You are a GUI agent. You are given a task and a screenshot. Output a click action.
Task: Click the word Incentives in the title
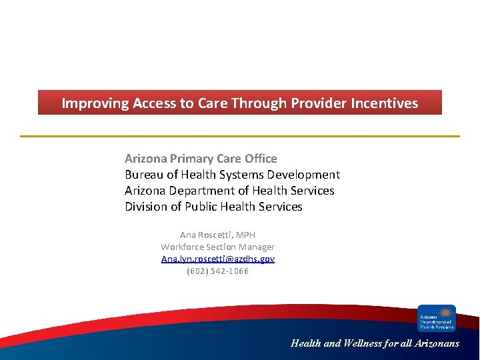tap(386, 103)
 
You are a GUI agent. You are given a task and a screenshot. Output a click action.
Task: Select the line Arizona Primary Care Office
tap(201, 159)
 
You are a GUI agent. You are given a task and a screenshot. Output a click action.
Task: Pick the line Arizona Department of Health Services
tap(229, 191)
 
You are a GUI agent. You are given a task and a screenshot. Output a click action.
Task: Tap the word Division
tap(146, 207)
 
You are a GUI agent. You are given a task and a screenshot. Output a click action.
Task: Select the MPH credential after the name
tap(245, 235)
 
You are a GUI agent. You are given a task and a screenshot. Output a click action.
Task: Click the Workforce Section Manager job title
tap(217, 247)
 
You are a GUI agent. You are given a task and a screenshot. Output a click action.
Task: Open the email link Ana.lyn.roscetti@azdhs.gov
tap(217, 259)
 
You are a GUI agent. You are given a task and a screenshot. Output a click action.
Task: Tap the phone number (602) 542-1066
tap(217, 271)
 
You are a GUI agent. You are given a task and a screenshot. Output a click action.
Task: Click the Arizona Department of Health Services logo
tap(436, 318)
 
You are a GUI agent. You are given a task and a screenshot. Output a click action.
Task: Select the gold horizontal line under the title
tap(240, 136)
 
